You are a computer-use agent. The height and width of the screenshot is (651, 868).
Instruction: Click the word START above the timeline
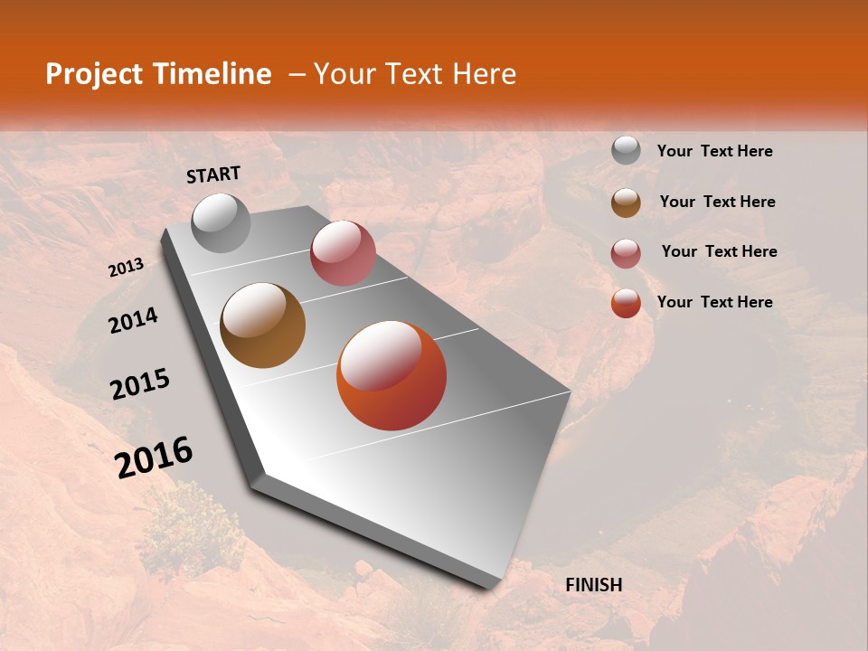(x=213, y=175)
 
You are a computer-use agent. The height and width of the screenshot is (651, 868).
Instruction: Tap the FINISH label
(x=593, y=585)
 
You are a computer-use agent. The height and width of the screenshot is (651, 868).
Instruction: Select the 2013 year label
(x=126, y=268)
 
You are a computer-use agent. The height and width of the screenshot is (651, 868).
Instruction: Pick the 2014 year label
(x=133, y=320)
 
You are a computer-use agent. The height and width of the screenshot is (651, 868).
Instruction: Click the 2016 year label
(x=154, y=458)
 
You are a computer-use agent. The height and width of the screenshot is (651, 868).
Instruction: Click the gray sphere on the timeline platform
(x=221, y=222)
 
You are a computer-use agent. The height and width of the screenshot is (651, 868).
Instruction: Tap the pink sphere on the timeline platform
(x=343, y=253)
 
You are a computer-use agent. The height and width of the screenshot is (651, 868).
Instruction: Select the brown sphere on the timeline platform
(x=262, y=325)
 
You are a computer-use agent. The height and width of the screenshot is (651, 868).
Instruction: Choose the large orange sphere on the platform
(x=392, y=375)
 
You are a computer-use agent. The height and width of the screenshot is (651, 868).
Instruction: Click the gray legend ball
(x=626, y=151)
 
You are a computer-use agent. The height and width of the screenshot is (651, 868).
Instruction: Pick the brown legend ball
(x=626, y=202)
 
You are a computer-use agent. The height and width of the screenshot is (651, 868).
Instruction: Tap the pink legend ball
(x=626, y=252)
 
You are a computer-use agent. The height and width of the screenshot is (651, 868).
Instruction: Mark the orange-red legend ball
(x=626, y=303)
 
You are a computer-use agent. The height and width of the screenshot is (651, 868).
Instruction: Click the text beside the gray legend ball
(x=714, y=151)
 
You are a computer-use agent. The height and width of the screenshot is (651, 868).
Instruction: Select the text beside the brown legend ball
(x=717, y=202)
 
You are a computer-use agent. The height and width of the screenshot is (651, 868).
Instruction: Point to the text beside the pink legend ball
(x=719, y=251)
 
